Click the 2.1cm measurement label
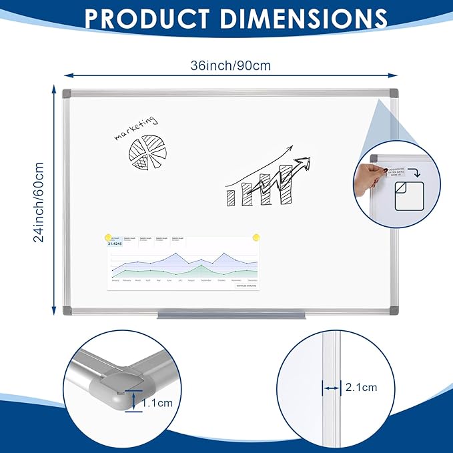pos(361,387)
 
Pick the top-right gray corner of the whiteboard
pos(392,93)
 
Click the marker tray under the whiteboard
pos(231,316)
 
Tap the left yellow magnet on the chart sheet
pos(107,236)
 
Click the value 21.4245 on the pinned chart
pos(114,244)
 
